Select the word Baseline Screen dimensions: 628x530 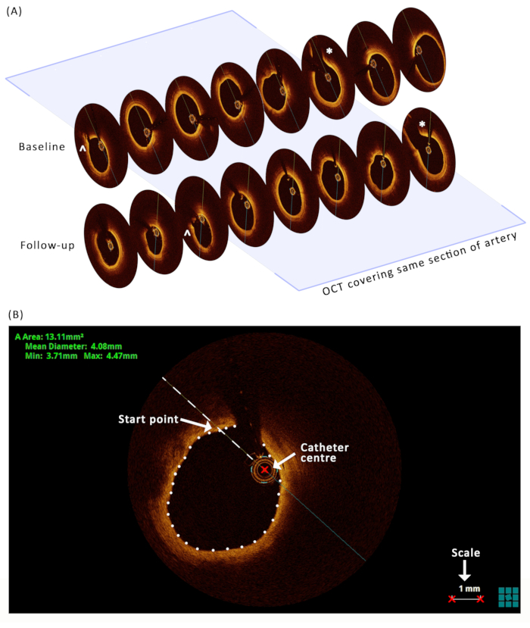[42, 146]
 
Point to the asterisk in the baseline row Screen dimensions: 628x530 [329, 52]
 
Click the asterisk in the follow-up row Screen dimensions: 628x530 [422, 123]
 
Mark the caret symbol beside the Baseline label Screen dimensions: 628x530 [82, 151]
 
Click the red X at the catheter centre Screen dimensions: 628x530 [263, 470]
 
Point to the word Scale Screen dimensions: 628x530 [465, 553]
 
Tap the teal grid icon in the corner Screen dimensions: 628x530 [509, 597]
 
